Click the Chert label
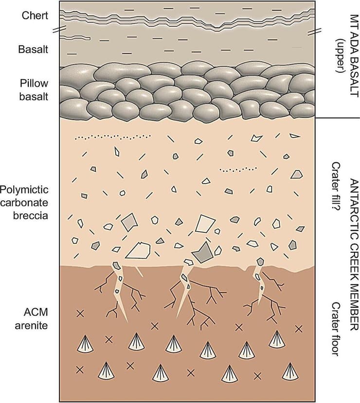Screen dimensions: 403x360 (x=36, y=15)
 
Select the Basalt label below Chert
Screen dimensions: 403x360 (x=33, y=49)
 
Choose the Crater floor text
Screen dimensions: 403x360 (x=335, y=335)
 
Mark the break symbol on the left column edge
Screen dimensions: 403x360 (x=60, y=30)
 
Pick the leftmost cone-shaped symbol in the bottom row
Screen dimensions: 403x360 (x=106, y=372)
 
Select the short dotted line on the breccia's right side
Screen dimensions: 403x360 (x=238, y=170)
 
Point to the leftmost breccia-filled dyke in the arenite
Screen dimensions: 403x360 (x=118, y=289)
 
